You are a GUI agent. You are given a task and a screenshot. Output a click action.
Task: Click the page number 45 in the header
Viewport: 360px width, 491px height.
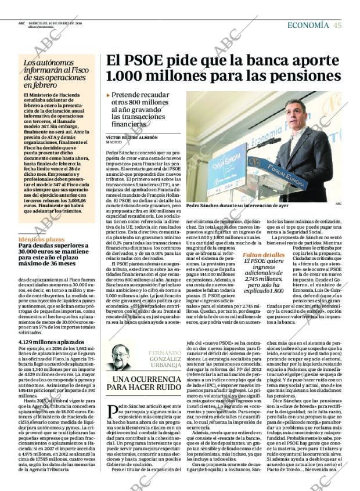pyautogui.click(x=337, y=25)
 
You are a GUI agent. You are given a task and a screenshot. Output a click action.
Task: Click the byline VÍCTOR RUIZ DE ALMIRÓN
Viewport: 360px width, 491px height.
pyautogui.click(x=132, y=138)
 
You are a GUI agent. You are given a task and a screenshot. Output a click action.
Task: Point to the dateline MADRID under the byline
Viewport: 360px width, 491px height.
pyautogui.click(x=114, y=142)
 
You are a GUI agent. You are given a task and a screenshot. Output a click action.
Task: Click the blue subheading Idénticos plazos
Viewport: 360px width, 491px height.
pyautogui.click(x=41, y=239)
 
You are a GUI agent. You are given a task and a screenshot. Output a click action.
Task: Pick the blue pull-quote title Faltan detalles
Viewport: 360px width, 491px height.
pyautogui.click(x=264, y=255)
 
